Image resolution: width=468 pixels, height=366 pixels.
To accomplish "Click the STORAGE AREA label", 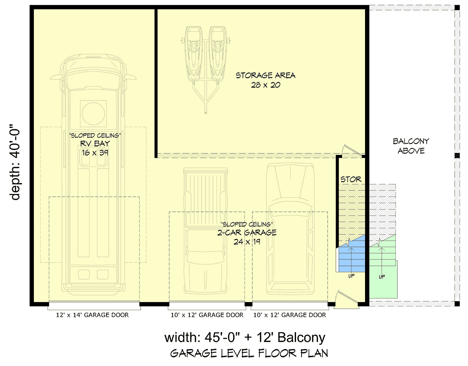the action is coord(266,76).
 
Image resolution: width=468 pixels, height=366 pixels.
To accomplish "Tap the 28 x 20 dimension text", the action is coord(266,85).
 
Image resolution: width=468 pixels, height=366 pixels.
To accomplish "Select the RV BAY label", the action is coord(95,144).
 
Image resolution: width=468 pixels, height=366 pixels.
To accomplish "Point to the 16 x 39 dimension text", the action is coord(95,153).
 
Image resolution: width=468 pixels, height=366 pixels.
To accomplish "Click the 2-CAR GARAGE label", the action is coord(247,232).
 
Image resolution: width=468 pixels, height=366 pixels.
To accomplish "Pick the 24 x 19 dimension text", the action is coord(247,242).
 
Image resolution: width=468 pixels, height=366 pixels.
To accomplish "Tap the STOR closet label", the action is coord(351,179).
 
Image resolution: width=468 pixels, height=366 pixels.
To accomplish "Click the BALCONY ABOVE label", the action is coord(411,146).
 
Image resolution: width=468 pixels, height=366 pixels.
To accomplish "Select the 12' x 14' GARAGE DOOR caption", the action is coord(92,315).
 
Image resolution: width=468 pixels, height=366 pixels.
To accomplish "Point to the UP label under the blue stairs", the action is coord(351,276).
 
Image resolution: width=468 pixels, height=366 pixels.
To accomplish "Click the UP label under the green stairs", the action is coord(382,277).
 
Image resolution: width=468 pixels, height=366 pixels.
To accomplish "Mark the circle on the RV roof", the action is coord(93,113).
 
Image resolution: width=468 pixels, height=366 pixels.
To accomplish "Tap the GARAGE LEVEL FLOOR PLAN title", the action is coord(249,354).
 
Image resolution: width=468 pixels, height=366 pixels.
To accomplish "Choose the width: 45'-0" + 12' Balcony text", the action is coord(245,338).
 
